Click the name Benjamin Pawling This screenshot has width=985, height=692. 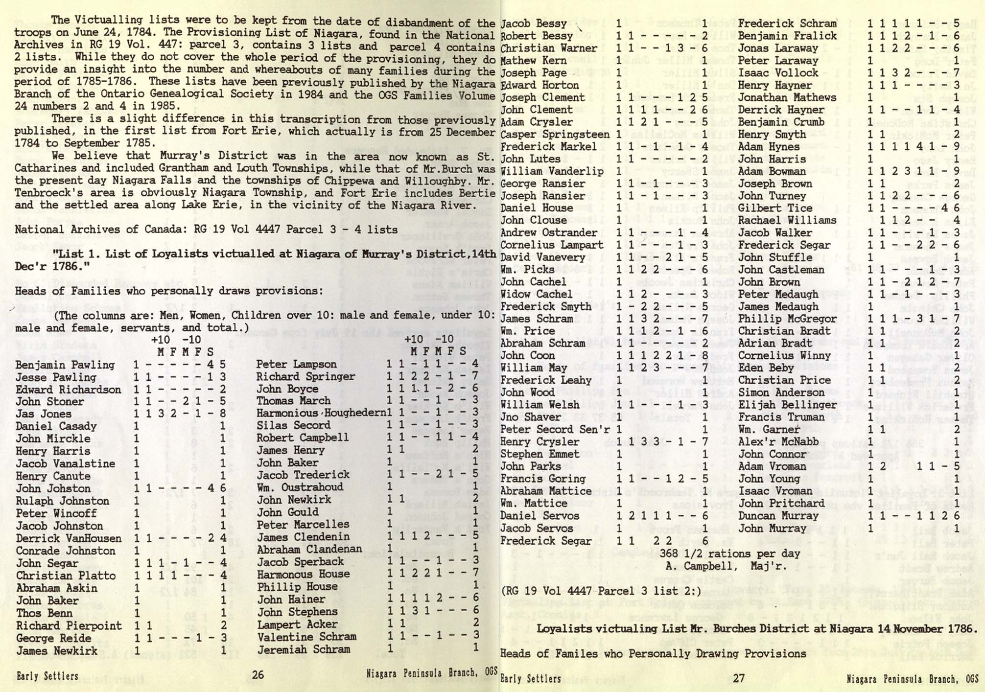[x=65, y=365]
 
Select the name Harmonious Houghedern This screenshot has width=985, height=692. [x=321, y=413]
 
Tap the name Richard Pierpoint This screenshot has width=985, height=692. [x=69, y=625]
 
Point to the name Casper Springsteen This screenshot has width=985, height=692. [x=555, y=134]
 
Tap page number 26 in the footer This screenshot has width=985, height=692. [x=258, y=676]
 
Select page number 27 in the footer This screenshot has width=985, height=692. [x=738, y=678]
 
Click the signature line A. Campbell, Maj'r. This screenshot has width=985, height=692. [x=725, y=566]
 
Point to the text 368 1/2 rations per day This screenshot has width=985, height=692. [x=730, y=554]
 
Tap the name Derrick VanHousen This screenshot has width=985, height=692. [x=69, y=538]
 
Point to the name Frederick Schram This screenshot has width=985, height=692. [x=787, y=23]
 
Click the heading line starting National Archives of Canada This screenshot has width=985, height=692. [x=206, y=229]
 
